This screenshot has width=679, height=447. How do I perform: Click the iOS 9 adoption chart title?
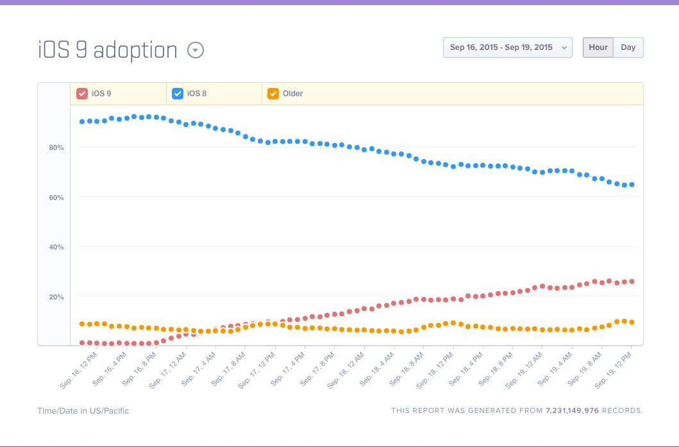107,50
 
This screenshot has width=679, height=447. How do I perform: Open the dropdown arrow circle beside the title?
196,50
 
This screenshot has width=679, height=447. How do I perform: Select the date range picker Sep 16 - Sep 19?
507,47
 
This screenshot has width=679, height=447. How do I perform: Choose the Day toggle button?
628,47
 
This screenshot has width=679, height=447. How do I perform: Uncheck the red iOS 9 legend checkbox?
82,94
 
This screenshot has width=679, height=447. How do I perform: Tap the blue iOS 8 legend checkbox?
178,94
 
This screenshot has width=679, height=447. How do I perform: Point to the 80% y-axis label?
56,148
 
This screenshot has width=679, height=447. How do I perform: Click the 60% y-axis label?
56,198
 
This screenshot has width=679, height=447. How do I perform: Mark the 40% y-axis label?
56,247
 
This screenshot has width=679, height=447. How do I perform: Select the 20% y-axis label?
56,297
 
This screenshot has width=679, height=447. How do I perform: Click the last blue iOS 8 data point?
632,185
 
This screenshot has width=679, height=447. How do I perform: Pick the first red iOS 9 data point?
82,343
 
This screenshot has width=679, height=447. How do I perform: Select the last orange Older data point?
632,322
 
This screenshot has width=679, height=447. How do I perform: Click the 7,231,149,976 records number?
572,410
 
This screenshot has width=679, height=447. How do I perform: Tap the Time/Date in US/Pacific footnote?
83,410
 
